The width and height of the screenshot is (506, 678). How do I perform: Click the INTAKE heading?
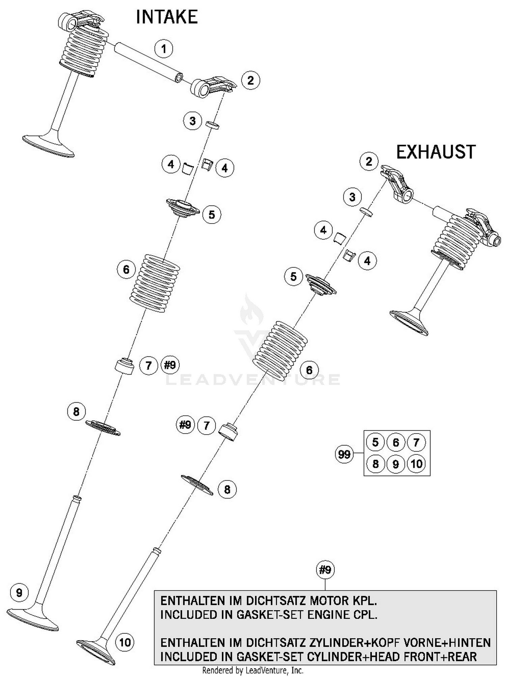click(x=167, y=17)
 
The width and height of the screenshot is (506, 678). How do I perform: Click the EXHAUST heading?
click(x=435, y=152)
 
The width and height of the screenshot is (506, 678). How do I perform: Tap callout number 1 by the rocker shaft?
click(x=164, y=49)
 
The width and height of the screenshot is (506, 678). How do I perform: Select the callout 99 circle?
click(x=344, y=454)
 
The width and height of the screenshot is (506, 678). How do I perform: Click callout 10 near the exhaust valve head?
click(x=125, y=642)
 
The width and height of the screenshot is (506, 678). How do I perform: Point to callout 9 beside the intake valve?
click(x=19, y=592)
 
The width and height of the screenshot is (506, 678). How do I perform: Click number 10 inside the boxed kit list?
click(x=416, y=464)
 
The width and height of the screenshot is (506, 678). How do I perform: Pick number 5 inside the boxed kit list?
click(x=375, y=442)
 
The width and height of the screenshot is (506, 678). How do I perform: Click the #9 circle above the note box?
click(x=325, y=570)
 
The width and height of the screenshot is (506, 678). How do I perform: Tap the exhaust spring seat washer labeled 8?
click(x=197, y=485)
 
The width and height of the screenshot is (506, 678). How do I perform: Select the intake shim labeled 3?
click(x=213, y=125)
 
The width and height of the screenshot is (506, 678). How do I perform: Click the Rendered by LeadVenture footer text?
click(x=252, y=670)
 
